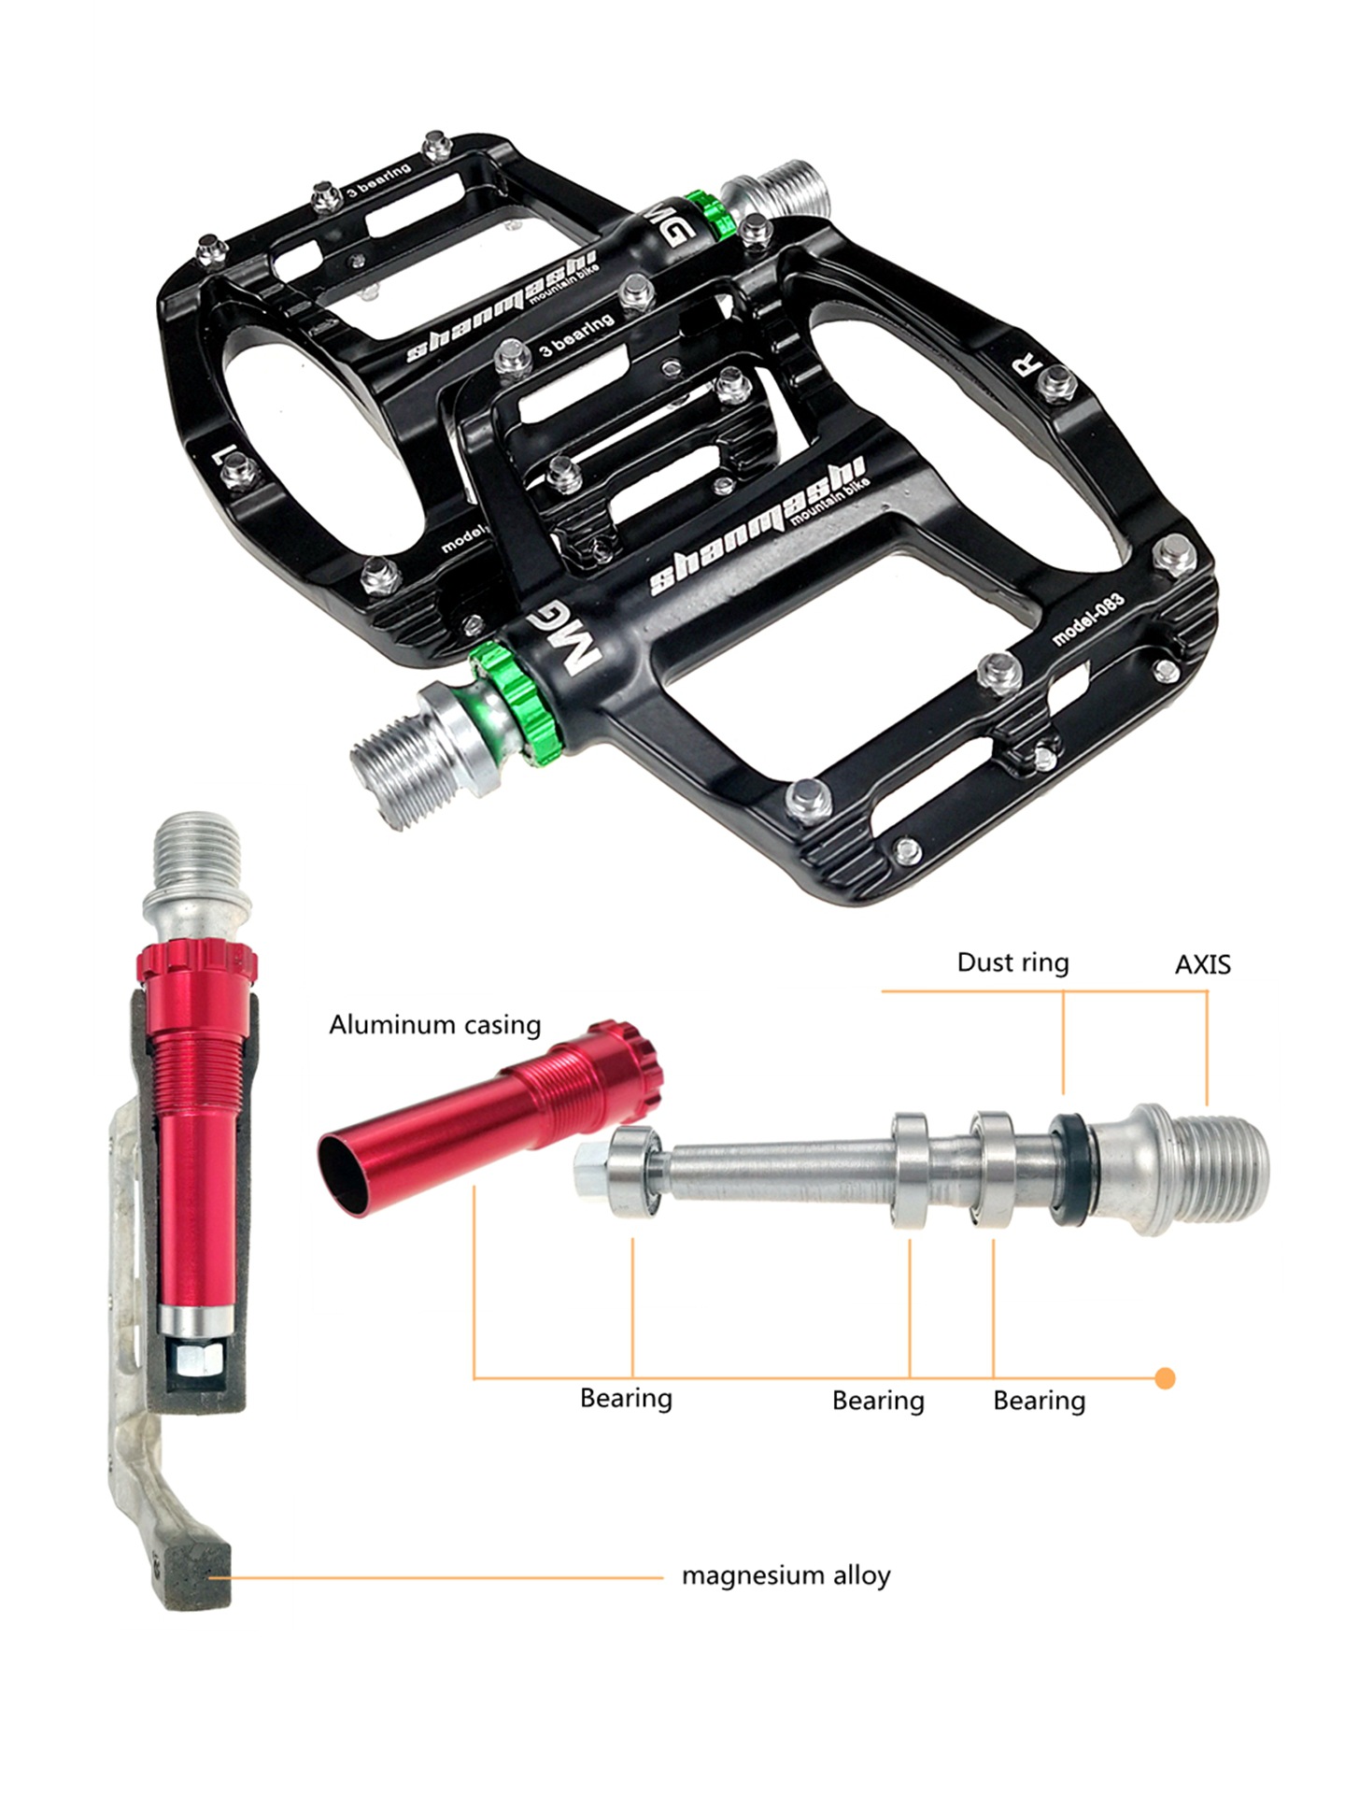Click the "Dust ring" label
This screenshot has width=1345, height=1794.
click(x=1012, y=962)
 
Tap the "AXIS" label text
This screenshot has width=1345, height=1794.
click(x=1203, y=964)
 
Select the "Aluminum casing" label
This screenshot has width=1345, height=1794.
click(x=435, y=1025)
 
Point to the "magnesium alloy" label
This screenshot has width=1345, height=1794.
click(x=786, y=1575)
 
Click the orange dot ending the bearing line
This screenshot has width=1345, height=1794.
click(x=1165, y=1378)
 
